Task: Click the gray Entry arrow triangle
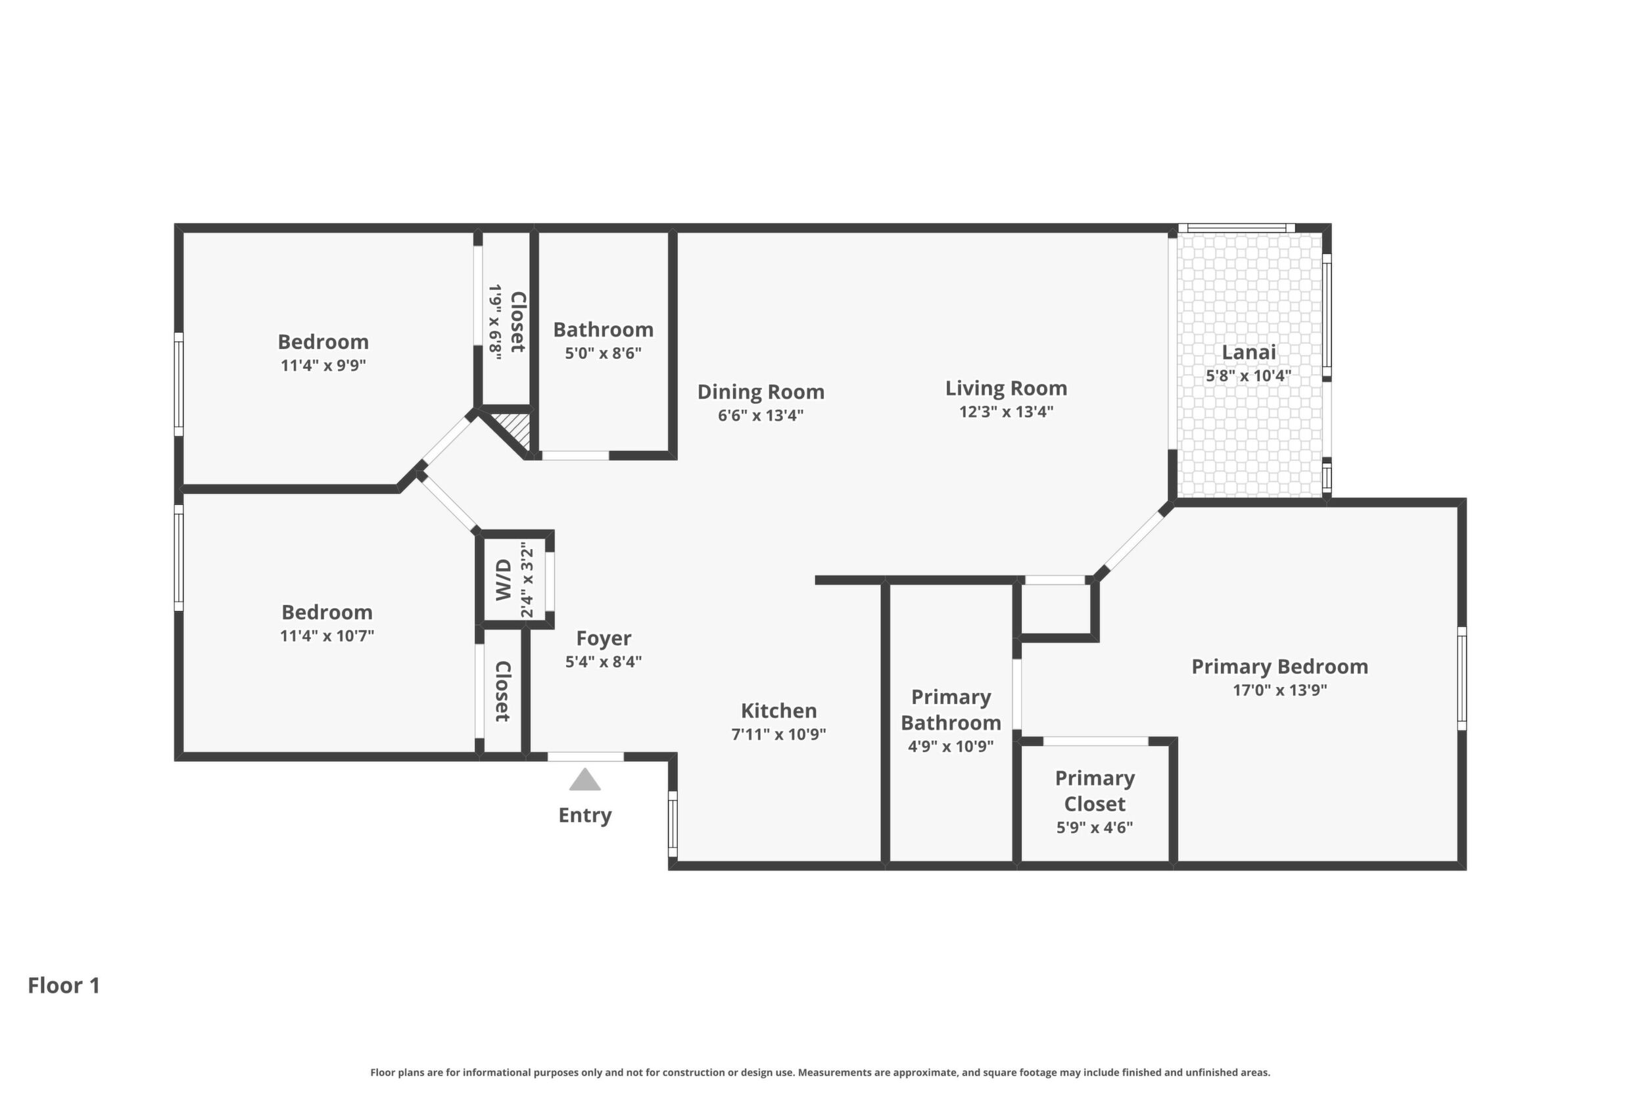click(x=584, y=780)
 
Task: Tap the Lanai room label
click(x=1249, y=352)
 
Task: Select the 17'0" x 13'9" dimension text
click(x=1279, y=690)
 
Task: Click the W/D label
click(x=504, y=580)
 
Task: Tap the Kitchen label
click(x=778, y=711)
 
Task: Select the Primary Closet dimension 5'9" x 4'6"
click(x=1095, y=828)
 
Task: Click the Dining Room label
click(x=761, y=392)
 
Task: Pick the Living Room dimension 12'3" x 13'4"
click(x=1006, y=412)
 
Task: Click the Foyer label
click(x=604, y=638)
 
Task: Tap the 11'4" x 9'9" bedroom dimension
click(x=323, y=365)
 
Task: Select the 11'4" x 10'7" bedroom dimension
click(x=327, y=636)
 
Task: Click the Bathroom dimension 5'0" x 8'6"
click(x=604, y=353)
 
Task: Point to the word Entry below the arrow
click(x=584, y=815)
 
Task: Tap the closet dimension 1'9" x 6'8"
click(x=495, y=321)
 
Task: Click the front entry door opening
click(x=585, y=757)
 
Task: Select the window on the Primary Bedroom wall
click(x=1462, y=678)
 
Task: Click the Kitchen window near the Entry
click(x=673, y=823)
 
